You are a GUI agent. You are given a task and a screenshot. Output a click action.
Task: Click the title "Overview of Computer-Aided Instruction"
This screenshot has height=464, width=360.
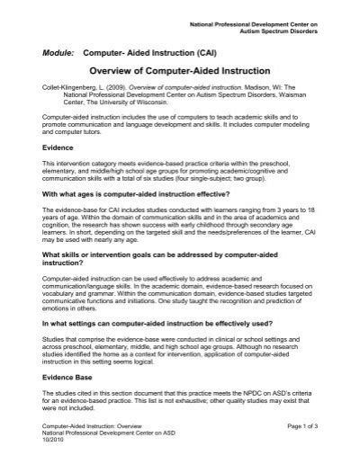[180, 69]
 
